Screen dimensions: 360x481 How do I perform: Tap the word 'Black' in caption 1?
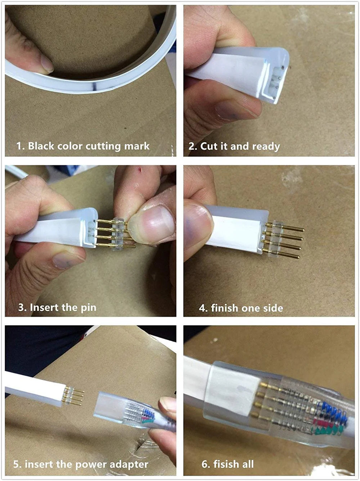[x=41, y=146]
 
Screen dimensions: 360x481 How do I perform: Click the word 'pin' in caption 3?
[x=89, y=308]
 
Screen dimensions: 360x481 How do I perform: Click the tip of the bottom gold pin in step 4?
[x=298, y=257]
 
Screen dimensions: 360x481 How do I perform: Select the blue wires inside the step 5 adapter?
[x=149, y=413]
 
